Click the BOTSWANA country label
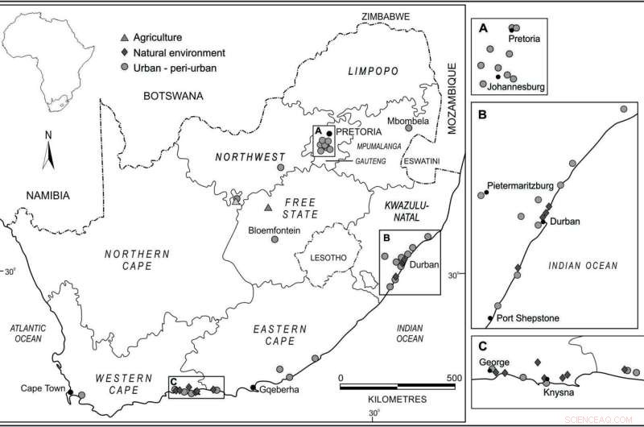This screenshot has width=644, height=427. tap(172, 96)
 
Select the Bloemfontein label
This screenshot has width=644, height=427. tap(274, 230)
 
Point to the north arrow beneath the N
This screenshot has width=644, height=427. tap(47, 153)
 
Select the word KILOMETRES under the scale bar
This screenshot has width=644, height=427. tap(395, 399)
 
